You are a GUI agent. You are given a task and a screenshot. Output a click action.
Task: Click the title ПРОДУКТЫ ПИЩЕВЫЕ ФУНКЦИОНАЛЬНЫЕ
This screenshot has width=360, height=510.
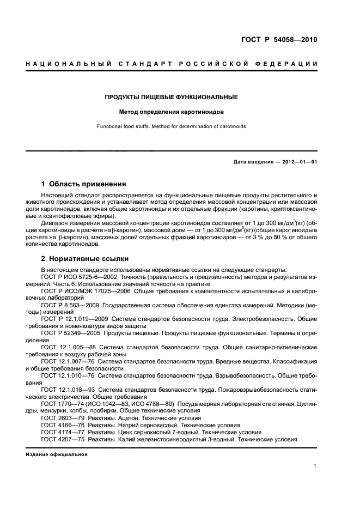172,98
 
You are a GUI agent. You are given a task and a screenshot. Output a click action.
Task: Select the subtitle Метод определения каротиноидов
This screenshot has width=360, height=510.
172,113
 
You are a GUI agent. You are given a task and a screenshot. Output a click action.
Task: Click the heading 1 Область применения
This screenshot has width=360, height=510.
84,184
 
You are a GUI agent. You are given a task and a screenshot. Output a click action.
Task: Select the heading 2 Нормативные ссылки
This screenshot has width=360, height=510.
85,259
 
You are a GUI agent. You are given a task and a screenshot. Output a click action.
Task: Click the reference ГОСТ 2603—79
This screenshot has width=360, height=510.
62,417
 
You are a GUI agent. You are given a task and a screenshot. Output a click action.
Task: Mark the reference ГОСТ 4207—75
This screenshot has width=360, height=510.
62,439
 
